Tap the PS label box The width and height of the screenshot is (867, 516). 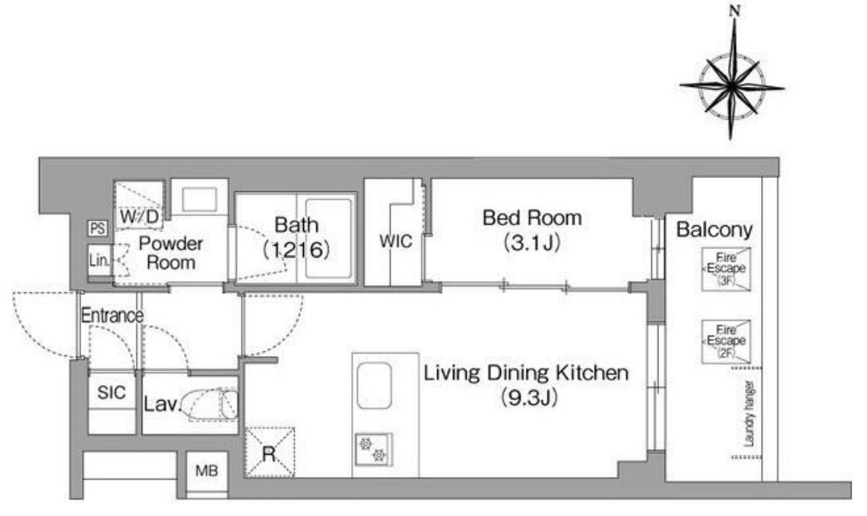click(98, 228)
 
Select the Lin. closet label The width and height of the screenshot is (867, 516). click(99, 260)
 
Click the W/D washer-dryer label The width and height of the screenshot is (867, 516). click(139, 215)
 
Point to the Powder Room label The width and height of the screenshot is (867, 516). click(171, 252)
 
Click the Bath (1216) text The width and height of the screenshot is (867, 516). click(296, 238)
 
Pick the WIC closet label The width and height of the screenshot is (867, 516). click(396, 241)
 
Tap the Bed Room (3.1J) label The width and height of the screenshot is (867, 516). click(532, 229)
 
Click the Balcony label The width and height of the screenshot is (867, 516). click(715, 229)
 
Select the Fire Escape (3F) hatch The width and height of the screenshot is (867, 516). click(726, 269)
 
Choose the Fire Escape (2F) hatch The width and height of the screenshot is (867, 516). click(726, 341)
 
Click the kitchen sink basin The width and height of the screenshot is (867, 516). click(374, 386)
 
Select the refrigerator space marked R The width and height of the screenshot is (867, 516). click(269, 452)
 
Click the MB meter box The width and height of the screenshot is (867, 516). click(207, 471)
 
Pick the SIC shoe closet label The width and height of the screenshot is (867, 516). click(111, 393)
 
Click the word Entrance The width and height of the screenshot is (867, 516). click(113, 316)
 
